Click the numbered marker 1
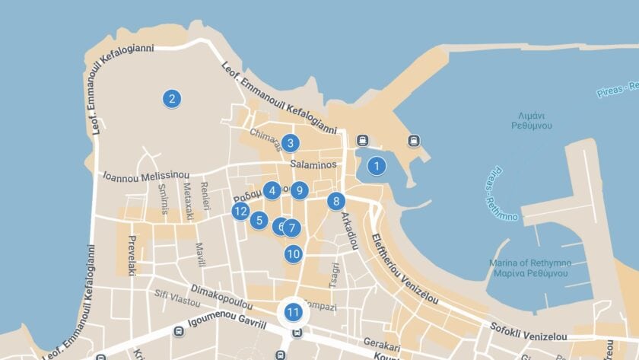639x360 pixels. tap(376, 165)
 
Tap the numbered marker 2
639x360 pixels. tap(172, 98)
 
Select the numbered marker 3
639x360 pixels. tap(289, 142)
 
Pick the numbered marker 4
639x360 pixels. tap(272, 190)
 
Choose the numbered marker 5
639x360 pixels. tap(259, 221)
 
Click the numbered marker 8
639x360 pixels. tap(335, 201)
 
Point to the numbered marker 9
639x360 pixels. tap(300, 190)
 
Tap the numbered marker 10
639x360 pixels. tap(294, 254)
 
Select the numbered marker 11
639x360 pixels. tap(294, 311)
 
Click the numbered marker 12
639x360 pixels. tap(241, 212)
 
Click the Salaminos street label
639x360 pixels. tap(313, 164)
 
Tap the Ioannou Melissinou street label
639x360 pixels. tap(145, 176)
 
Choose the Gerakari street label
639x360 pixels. tap(381, 342)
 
